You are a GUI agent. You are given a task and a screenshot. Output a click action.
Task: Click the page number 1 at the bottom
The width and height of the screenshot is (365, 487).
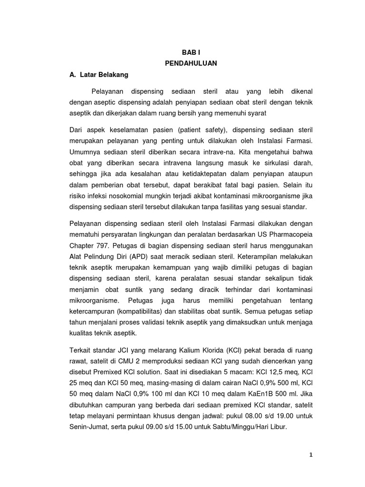[311, 455]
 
